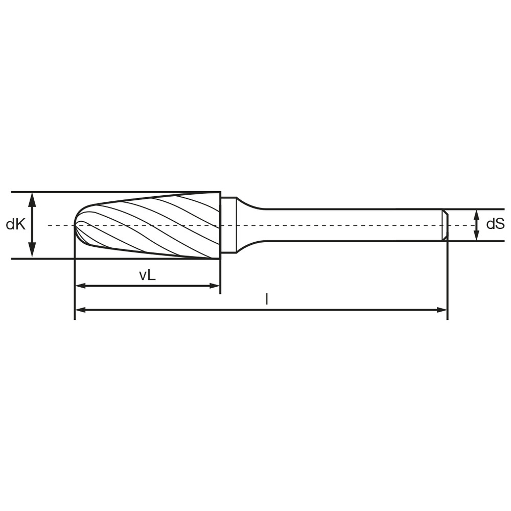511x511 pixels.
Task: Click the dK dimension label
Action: click(x=16, y=224)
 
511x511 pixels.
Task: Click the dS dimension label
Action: click(x=495, y=224)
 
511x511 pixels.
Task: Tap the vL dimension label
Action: click(x=147, y=275)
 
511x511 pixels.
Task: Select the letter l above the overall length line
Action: click(x=267, y=299)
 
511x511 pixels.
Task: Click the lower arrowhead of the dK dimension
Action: click(x=32, y=250)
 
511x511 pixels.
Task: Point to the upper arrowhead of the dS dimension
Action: click(x=476, y=215)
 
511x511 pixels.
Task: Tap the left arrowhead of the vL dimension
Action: click(x=81, y=286)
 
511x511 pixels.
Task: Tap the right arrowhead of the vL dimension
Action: click(x=214, y=286)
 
